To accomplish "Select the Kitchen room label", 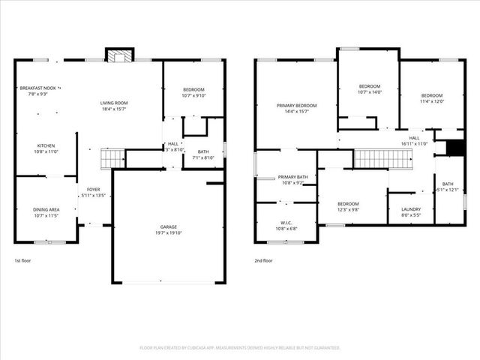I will [x=46, y=145].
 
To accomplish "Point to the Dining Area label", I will [x=46, y=209].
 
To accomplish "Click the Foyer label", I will [x=93, y=190].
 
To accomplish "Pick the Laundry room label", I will [x=411, y=209].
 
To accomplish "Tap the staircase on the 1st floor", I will [x=112, y=158].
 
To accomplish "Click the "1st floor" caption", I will [x=22, y=261].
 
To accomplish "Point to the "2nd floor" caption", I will [x=263, y=261].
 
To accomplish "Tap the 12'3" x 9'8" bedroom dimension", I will [x=348, y=210].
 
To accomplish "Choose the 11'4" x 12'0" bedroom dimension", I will [x=431, y=102].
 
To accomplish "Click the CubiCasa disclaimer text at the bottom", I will [x=240, y=347].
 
